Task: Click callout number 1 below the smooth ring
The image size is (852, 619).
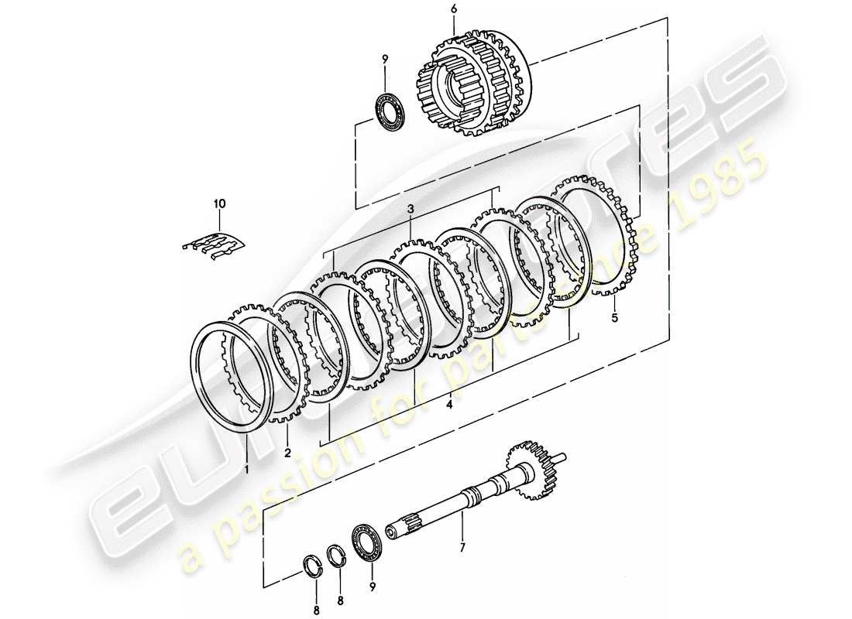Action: pyautogui.click(x=246, y=469)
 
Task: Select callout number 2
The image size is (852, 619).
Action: pyautogui.click(x=287, y=453)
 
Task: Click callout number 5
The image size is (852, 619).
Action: pyautogui.click(x=615, y=317)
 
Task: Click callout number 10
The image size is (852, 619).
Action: pyautogui.click(x=219, y=203)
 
